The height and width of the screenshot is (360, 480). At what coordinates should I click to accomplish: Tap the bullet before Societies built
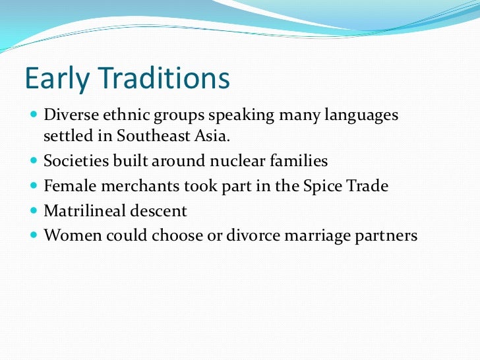pos(34,161)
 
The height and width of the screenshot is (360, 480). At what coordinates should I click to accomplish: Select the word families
pos(298,160)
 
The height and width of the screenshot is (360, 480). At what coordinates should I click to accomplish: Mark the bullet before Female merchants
pos(34,187)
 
